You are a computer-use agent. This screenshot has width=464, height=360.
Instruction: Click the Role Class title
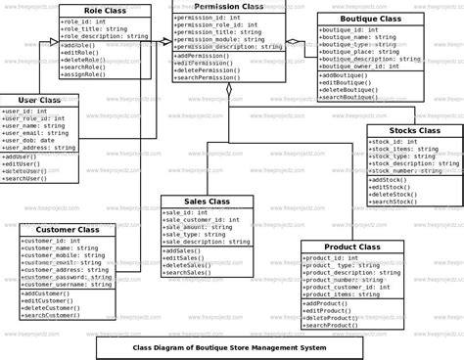(105, 9)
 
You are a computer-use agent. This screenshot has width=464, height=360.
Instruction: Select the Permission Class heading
(229, 7)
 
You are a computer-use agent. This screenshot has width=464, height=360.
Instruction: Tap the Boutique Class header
(369, 19)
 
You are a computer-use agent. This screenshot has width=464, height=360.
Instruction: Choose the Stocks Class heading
(414, 130)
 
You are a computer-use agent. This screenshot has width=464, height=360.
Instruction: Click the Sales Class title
(207, 201)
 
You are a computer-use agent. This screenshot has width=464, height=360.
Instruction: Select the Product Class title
(351, 247)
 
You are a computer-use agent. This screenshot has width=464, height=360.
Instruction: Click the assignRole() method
(86, 73)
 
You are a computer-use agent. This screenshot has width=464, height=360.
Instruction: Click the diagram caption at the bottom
(231, 347)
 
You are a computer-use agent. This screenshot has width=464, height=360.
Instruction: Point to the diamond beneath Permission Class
(228, 90)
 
